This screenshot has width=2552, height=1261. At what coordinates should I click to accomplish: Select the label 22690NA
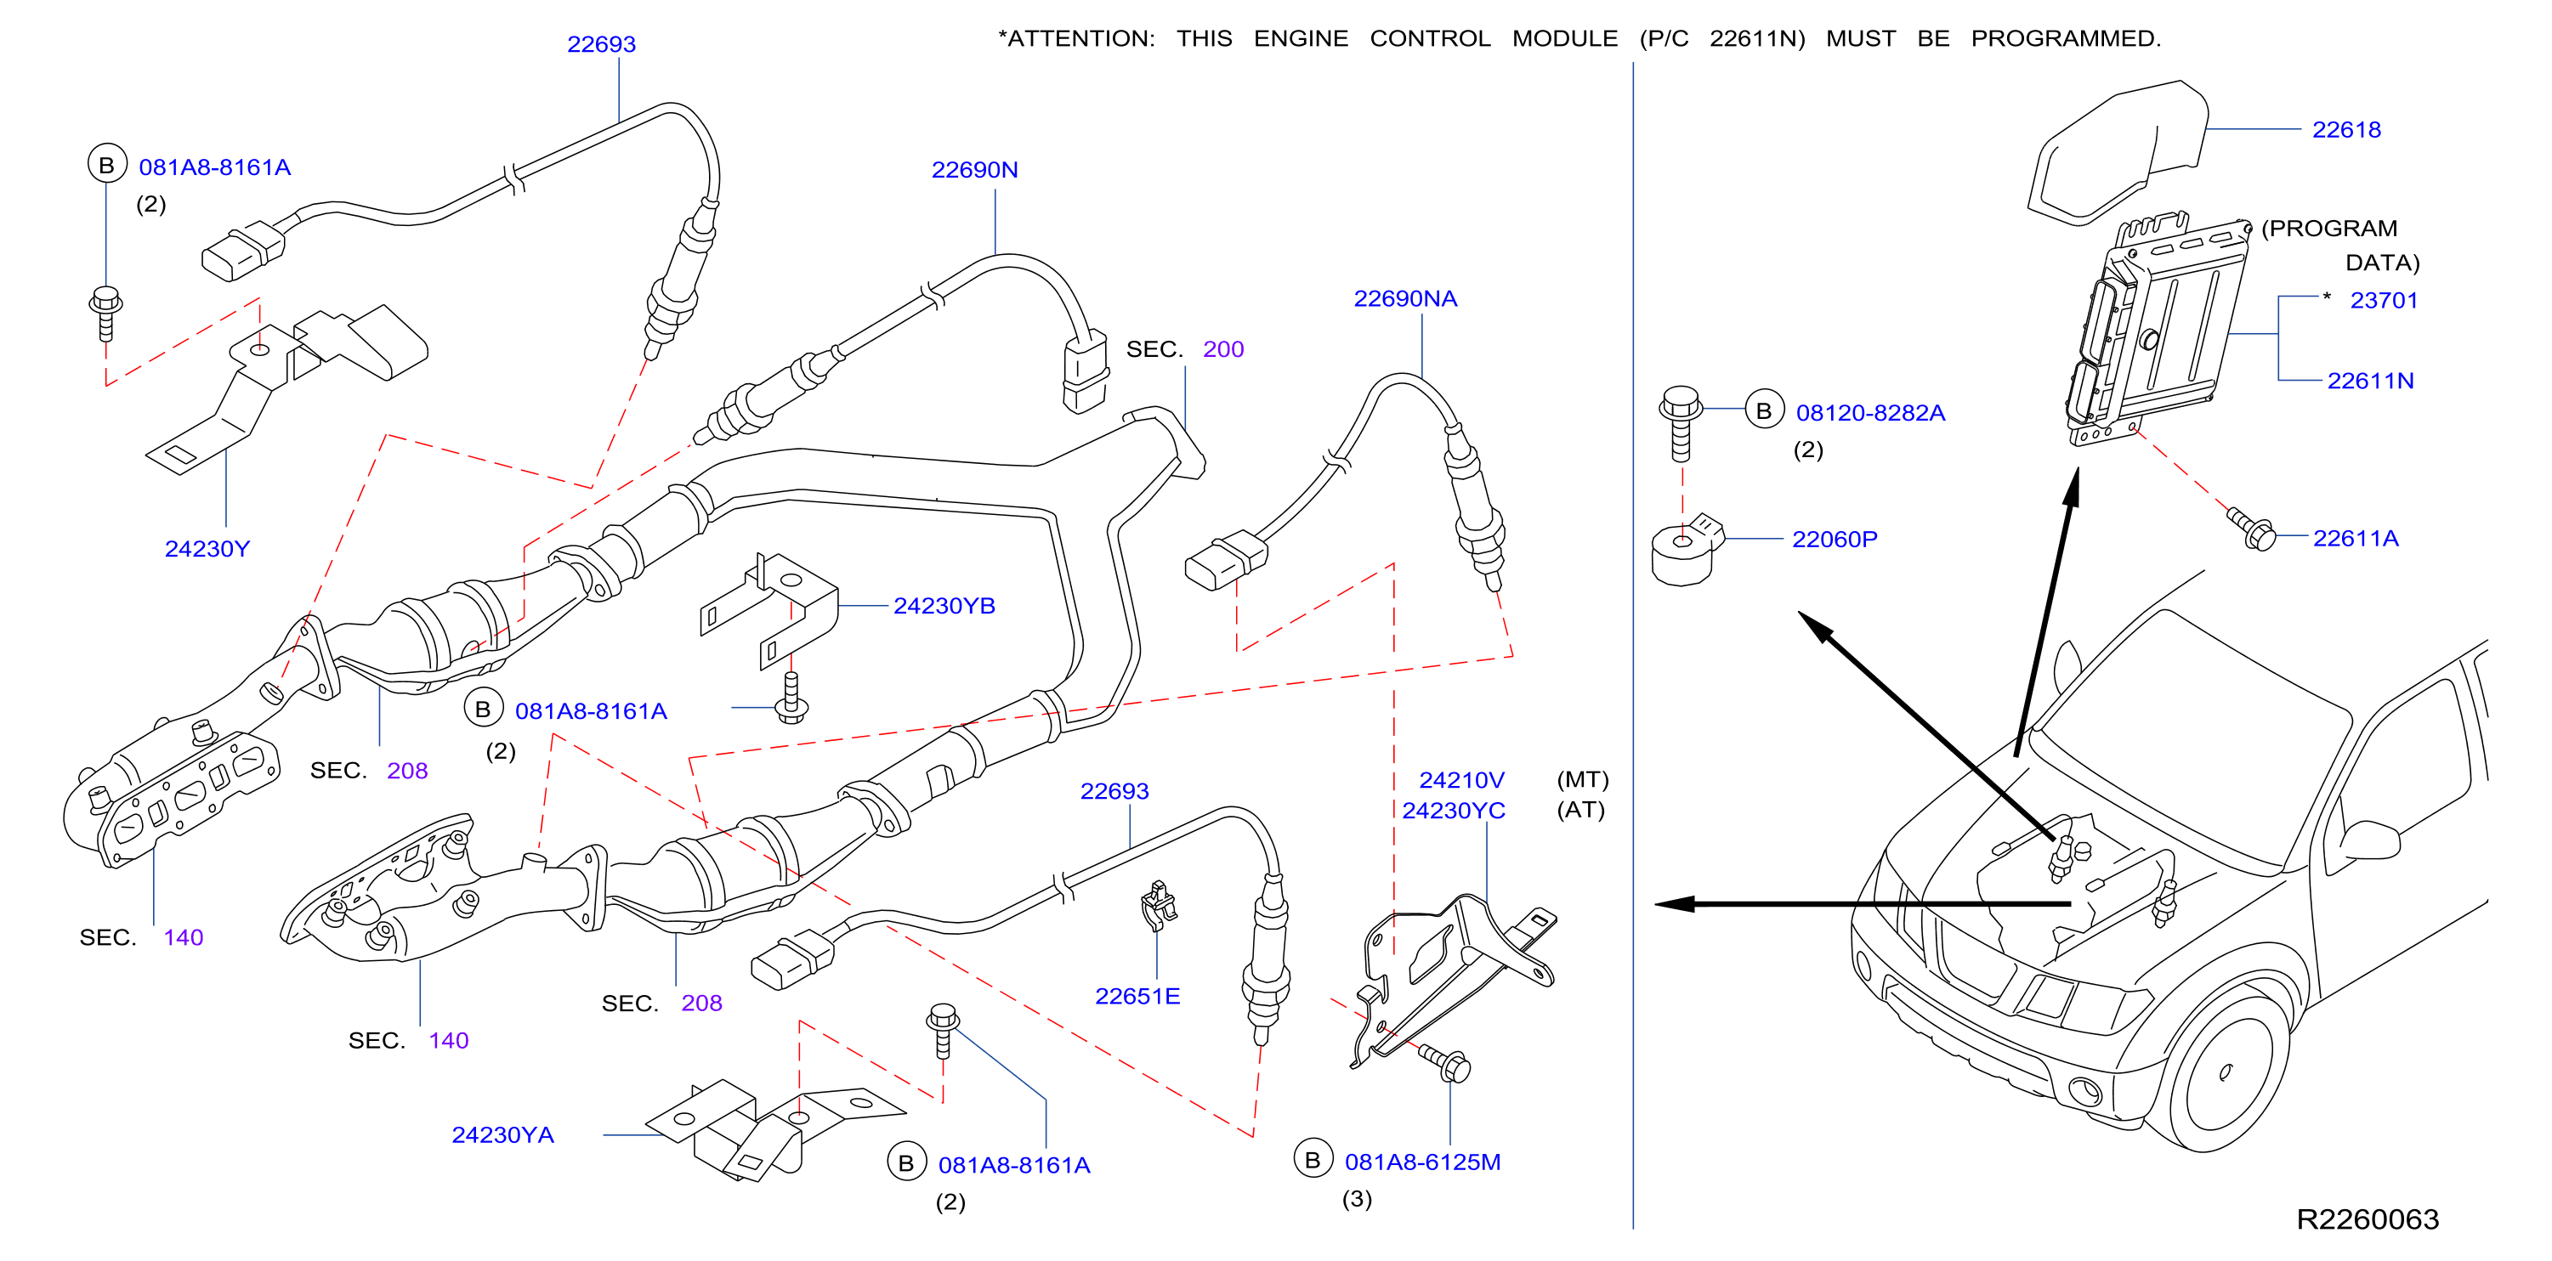(1404, 299)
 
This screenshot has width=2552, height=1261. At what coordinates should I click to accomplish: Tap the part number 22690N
(974, 171)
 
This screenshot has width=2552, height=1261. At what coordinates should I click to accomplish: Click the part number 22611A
(2355, 539)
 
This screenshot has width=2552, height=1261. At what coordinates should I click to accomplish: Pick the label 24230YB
(944, 606)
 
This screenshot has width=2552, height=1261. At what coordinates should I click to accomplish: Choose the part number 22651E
(1137, 997)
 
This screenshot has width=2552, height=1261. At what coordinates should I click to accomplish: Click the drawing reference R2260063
(2367, 1219)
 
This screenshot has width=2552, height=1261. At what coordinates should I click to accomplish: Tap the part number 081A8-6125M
(1421, 1163)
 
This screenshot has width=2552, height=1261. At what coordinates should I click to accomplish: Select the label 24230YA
(502, 1135)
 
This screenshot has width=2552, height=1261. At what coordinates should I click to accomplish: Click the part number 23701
(2383, 301)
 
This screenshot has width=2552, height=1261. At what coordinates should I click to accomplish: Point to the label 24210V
(1461, 781)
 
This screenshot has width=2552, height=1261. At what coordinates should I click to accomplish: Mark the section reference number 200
(1222, 350)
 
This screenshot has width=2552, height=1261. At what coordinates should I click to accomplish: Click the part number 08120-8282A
(1869, 413)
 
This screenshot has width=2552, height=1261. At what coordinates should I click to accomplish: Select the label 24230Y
(207, 549)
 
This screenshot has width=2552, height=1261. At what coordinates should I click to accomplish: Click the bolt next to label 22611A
(2251, 529)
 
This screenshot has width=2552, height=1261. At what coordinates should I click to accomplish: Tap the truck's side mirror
(2368, 840)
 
